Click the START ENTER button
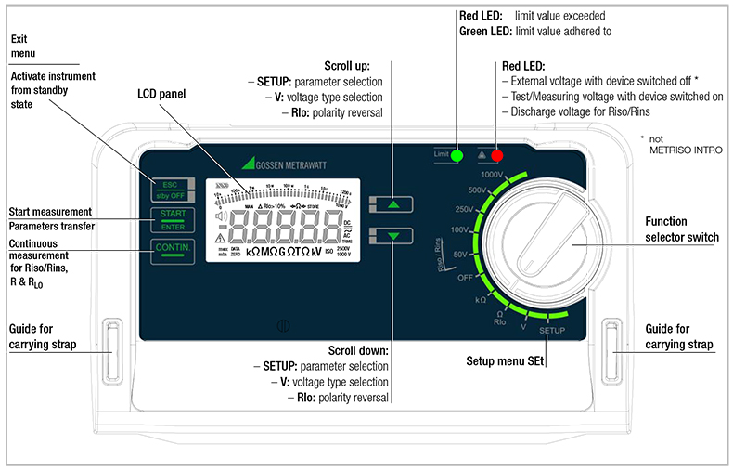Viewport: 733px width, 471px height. pyautogui.click(x=174, y=220)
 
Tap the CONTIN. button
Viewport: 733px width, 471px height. pyautogui.click(x=174, y=251)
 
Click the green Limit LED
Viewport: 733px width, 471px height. pyautogui.click(x=457, y=155)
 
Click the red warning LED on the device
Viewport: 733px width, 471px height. pyautogui.click(x=497, y=155)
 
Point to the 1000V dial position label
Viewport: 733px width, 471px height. pyautogui.click(x=493, y=174)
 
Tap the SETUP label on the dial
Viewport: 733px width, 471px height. pyautogui.click(x=553, y=331)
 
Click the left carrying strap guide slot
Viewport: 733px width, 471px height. pyautogui.click(x=112, y=350)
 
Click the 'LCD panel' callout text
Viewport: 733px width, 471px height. pyautogui.click(x=161, y=95)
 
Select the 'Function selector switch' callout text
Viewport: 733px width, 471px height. pyautogui.click(x=681, y=229)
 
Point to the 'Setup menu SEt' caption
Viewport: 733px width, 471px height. pyautogui.click(x=505, y=359)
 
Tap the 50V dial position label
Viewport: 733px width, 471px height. pyautogui.click(x=460, y=253)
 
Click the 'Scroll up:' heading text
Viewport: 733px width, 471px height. pyautogui.click(x=347, y=67)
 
